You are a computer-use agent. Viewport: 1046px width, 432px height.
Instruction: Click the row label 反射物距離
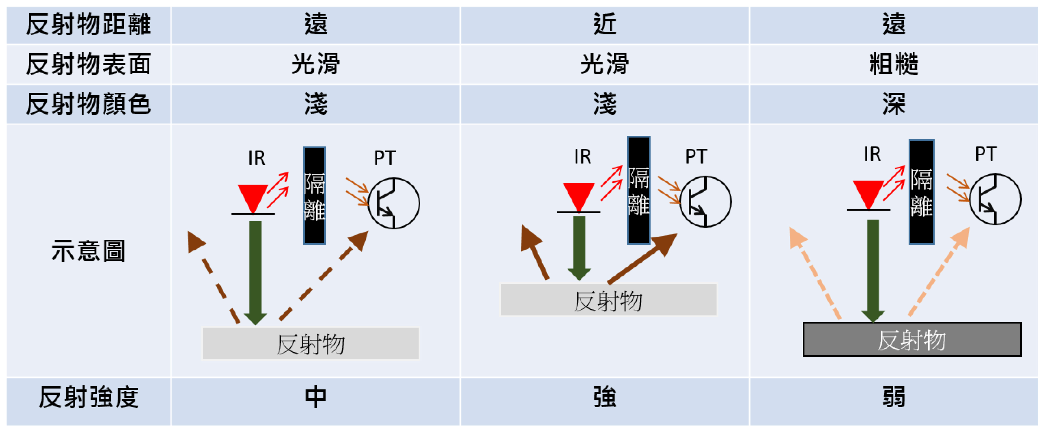point(88,24)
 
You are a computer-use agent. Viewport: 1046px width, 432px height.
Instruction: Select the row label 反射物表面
point(88,64)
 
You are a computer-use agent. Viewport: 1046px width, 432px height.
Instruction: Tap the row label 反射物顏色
point(88,104)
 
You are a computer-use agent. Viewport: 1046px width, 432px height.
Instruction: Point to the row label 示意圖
point(88,250)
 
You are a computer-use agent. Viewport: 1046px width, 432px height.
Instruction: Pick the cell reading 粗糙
point(894,64)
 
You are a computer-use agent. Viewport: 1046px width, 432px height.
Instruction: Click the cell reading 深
point(894,104)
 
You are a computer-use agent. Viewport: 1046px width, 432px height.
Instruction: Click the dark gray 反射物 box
point(912,340)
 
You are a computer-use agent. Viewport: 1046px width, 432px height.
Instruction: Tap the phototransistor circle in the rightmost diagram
point(995,199)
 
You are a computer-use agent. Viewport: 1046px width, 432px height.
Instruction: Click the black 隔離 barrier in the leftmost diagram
point(314,196)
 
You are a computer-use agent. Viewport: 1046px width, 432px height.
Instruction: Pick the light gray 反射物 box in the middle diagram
point(608,299)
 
